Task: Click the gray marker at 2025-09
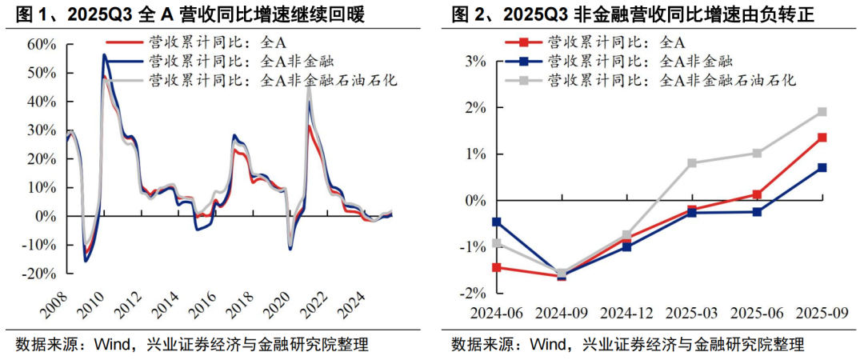pos(822,112)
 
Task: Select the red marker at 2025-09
pos(822,138)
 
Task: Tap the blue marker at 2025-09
pos(822,168)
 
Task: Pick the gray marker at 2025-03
pos(692,163)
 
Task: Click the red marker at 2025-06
pos(757,194)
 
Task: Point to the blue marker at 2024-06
pos(497,222)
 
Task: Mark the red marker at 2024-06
pos(497,267)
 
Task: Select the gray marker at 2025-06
pos(757,153)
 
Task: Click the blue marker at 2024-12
pos(626,246)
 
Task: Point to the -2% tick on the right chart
pos(473,294)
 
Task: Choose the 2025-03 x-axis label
pos(691,311)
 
